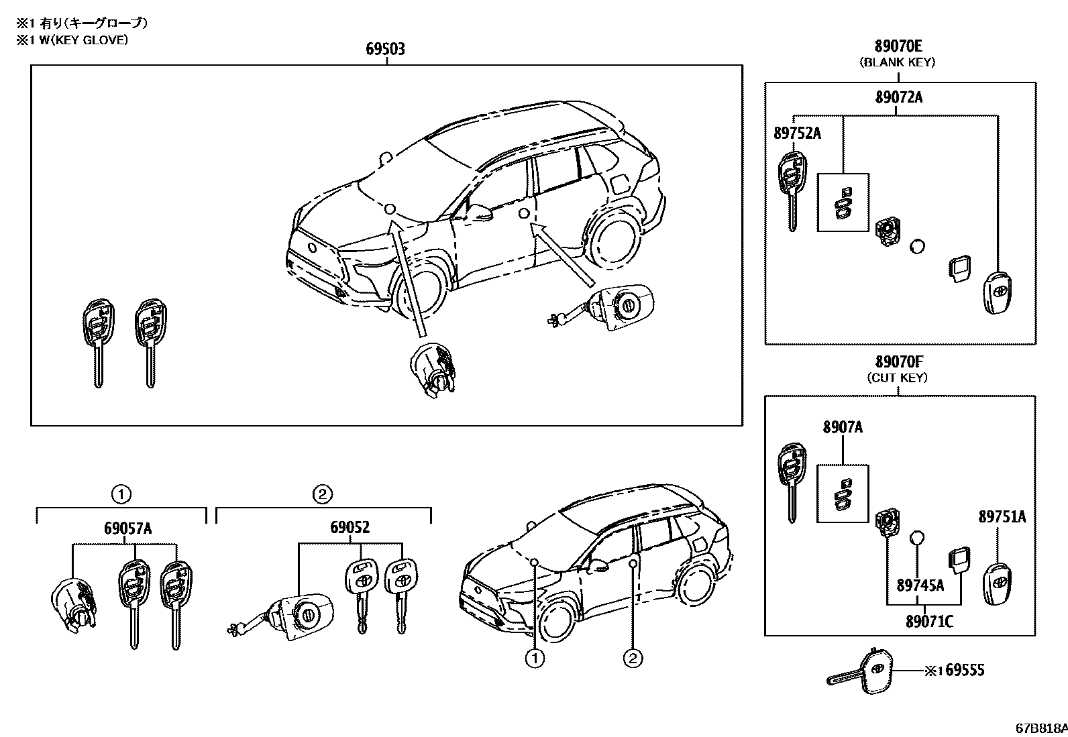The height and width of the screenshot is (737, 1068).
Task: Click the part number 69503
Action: (385, 49)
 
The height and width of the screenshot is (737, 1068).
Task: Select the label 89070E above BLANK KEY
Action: (898, 46)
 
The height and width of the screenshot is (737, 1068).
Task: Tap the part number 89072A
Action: (898, 97)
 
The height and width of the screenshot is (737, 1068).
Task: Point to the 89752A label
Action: (797, 133)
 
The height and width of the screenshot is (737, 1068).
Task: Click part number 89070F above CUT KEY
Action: (898, 362)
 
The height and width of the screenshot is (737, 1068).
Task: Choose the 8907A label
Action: (843, 427)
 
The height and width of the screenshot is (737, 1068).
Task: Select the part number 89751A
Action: (1002, 516)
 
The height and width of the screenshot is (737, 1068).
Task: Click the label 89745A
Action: (920, 585)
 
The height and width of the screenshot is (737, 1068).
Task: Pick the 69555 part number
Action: (961, 670)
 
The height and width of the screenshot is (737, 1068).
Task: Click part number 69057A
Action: (127, 528)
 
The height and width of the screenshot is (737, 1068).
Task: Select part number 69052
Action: (349, 528)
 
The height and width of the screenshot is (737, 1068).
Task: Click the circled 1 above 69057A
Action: (121, 495)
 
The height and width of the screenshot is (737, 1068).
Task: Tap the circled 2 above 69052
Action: (322, 495)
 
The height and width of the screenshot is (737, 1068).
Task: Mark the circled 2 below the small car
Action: (633, 659)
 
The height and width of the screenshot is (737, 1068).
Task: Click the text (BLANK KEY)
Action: (898, 62)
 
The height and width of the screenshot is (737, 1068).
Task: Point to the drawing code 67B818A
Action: (1040, 728)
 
